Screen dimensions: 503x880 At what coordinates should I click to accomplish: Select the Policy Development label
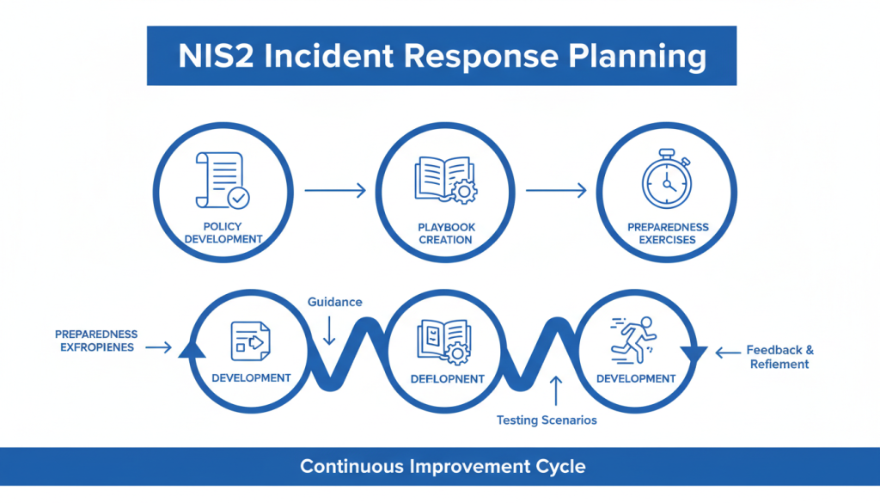[x=223, y=233]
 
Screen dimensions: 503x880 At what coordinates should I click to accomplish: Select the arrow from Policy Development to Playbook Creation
[x=334, y=191]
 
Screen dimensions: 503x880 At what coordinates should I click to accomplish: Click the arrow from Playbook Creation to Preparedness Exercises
[x=556, y=191]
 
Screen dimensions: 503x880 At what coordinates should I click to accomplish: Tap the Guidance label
[x=335, y=302]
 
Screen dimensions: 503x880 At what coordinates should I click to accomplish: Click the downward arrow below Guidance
[x=329, y=331]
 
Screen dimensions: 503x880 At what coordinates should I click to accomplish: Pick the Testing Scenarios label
[x=547, y=420]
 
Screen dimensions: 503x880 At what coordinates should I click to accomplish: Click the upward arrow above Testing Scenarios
[x=556, y=390]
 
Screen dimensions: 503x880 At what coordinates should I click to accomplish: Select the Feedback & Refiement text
[x=779, y=357]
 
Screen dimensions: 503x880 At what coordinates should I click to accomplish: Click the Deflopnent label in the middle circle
[x=447, y=378]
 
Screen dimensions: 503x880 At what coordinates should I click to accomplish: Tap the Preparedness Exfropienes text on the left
[x=95, y=340]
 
